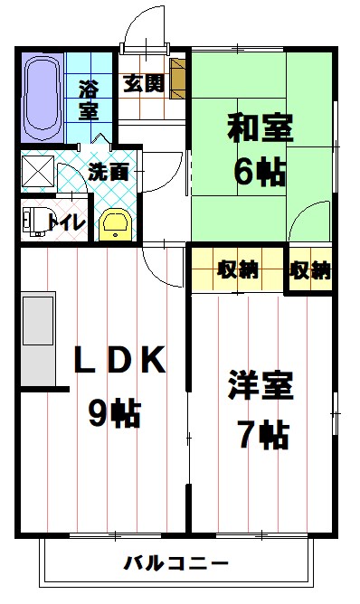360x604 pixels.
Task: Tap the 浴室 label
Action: [x=89, y=100]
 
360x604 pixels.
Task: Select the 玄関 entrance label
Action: [x=143, y=84]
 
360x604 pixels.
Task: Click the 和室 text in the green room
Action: [x=260, y=129]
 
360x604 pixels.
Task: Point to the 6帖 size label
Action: [x=261, y=172]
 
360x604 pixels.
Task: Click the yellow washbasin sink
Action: [x=115, y=223]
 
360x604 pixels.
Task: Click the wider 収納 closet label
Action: [x=237, y=269]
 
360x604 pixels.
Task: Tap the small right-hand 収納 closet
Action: [x=309, y=269]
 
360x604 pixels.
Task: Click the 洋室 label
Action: [x=260, y=387]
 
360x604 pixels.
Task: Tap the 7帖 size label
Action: [x=262, y=436]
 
